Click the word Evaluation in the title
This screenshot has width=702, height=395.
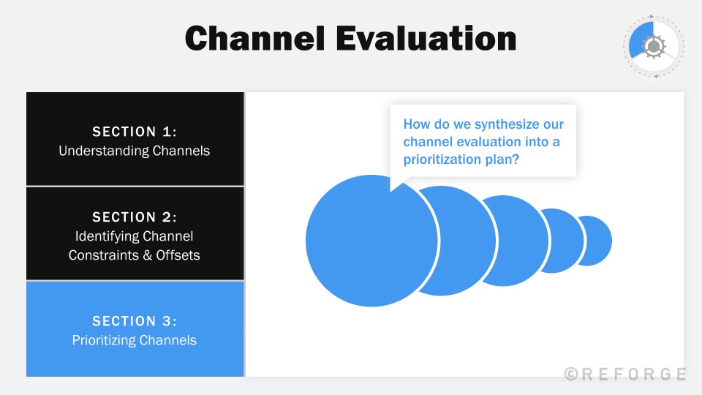coord(426,38)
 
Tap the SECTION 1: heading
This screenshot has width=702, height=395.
coord(135,132)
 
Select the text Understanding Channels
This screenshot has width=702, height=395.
coord(135,151)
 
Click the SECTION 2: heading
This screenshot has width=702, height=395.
coord(135,217)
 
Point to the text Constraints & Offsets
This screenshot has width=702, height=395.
coord(135,255)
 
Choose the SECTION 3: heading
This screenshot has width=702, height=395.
coord(135,321)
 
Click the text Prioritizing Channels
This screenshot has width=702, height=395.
coord(135,340)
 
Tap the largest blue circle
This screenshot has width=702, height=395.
coord(366,241)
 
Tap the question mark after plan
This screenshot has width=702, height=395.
coord(516,159)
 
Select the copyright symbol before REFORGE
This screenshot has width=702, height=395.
coord(572,374)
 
